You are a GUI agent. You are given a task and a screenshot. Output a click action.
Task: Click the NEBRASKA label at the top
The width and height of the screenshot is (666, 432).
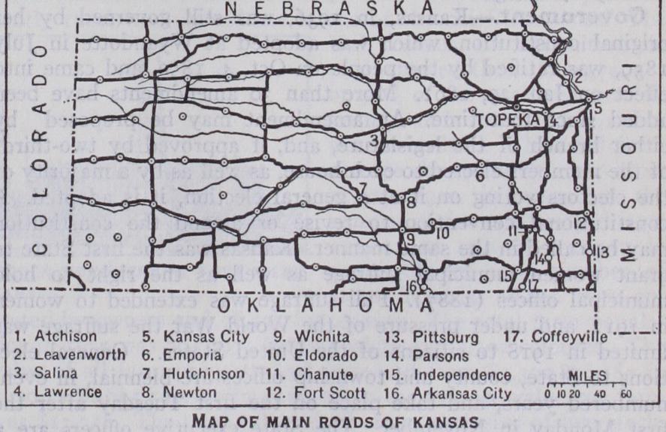click(331, 8)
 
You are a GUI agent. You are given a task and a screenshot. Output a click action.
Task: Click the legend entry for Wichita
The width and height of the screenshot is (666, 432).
click(301, 336)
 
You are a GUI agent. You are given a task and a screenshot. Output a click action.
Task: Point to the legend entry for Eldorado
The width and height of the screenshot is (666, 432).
click(305, 355)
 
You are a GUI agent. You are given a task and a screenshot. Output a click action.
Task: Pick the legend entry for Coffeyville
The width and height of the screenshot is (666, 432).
click(547, 336)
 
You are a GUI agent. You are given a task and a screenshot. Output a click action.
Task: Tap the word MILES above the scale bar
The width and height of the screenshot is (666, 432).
click(585, 373)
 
